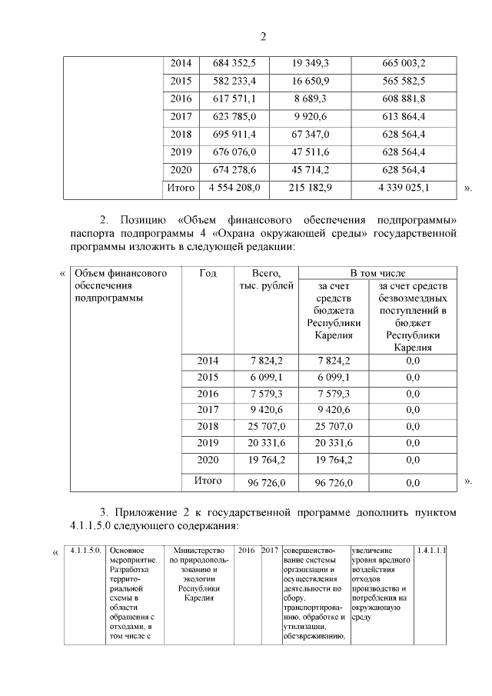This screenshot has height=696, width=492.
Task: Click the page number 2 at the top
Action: [x=263, y=35]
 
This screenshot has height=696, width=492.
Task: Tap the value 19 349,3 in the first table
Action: [x=311, y=63]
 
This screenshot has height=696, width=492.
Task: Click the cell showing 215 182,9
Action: [x=311, y=187]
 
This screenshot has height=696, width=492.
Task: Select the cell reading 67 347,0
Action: [x=311, y=134]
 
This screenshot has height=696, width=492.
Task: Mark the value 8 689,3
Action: [x=311, y=98]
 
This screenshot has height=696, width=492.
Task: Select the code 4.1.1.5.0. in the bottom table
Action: [x=84, y=551]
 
